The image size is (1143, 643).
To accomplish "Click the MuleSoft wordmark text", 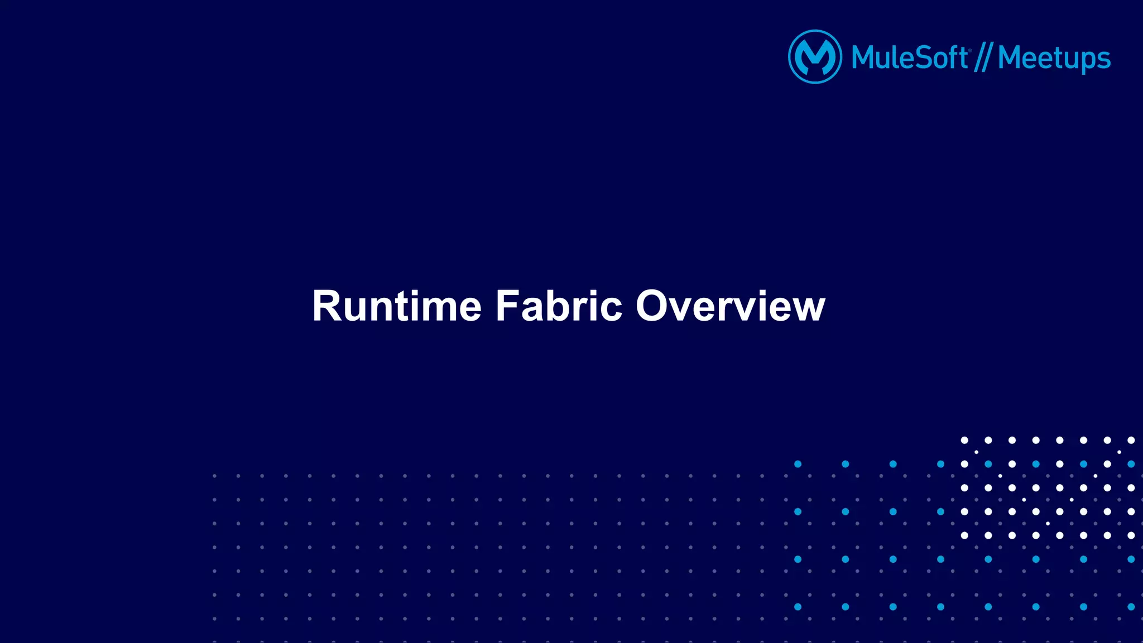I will (910, 58).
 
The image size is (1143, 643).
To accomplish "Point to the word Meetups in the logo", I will (1054, 58).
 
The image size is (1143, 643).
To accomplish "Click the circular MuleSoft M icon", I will (815, 57).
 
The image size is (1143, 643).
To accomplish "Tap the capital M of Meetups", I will (1010, 58).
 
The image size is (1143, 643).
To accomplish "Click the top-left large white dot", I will (964, 440).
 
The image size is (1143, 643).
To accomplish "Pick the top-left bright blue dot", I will (798, 464).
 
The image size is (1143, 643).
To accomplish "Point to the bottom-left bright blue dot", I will (798, 607).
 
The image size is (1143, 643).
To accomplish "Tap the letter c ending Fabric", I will (612, 310).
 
